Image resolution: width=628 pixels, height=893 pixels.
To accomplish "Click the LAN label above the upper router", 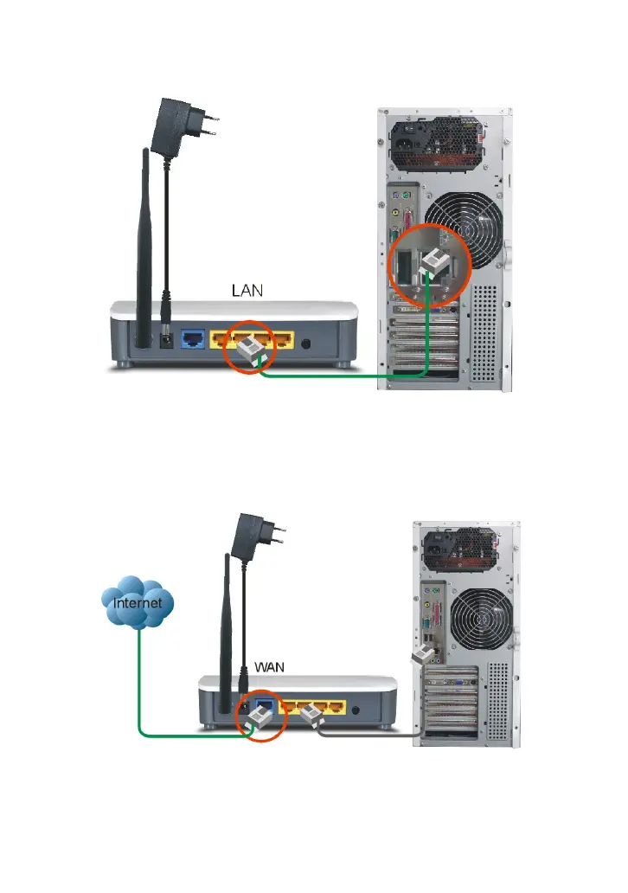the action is (246, 292).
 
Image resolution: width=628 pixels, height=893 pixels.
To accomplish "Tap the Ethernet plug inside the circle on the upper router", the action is (251, 351).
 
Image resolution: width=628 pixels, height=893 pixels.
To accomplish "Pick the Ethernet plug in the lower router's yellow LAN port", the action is (311, 715).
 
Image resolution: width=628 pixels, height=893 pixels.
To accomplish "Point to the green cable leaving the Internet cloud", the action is (139, 684).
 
